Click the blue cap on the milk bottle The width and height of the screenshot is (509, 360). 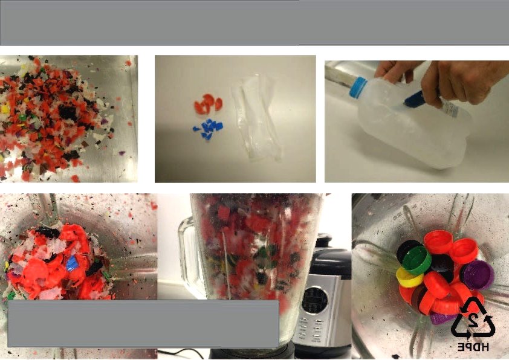[358, 87]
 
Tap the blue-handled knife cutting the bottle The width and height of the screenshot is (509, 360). [414, 100]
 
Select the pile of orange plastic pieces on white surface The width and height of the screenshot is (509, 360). [208, 104]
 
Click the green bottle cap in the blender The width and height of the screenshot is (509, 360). [417, 260]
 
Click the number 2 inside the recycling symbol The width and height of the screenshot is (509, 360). [472, 321]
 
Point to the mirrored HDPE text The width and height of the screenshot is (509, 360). [473, 347]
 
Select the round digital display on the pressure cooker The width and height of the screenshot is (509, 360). [314, 300]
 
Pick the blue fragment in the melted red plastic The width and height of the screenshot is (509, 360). [73, 263]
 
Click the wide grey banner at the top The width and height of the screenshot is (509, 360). [254, 23]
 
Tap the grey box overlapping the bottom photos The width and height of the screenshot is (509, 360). [143, 324]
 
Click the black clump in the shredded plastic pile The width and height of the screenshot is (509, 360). [68, 112]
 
